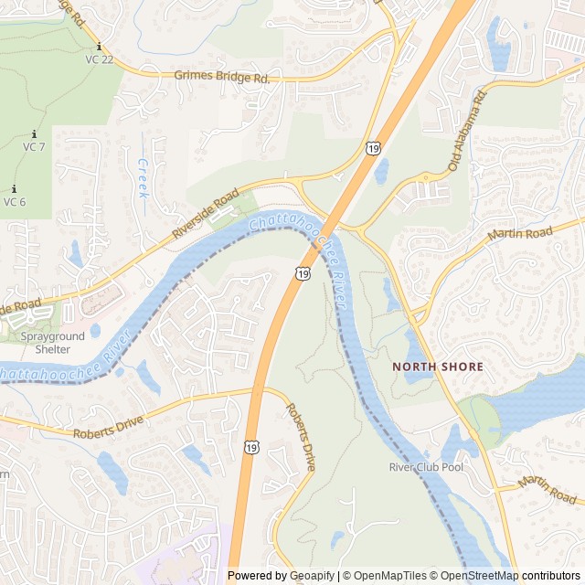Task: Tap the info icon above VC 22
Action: tap(99, 47)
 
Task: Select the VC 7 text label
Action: tap(34, 147)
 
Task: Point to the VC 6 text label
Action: tap(15, 202)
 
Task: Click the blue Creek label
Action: tap(143, 178)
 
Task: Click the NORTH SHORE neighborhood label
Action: tap(438, 367)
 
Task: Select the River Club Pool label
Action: tap(426, 467)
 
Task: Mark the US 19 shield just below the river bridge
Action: tap(303, 272)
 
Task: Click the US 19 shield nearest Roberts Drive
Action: tap(250, 446)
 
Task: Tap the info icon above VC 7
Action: tap(34, 133)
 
